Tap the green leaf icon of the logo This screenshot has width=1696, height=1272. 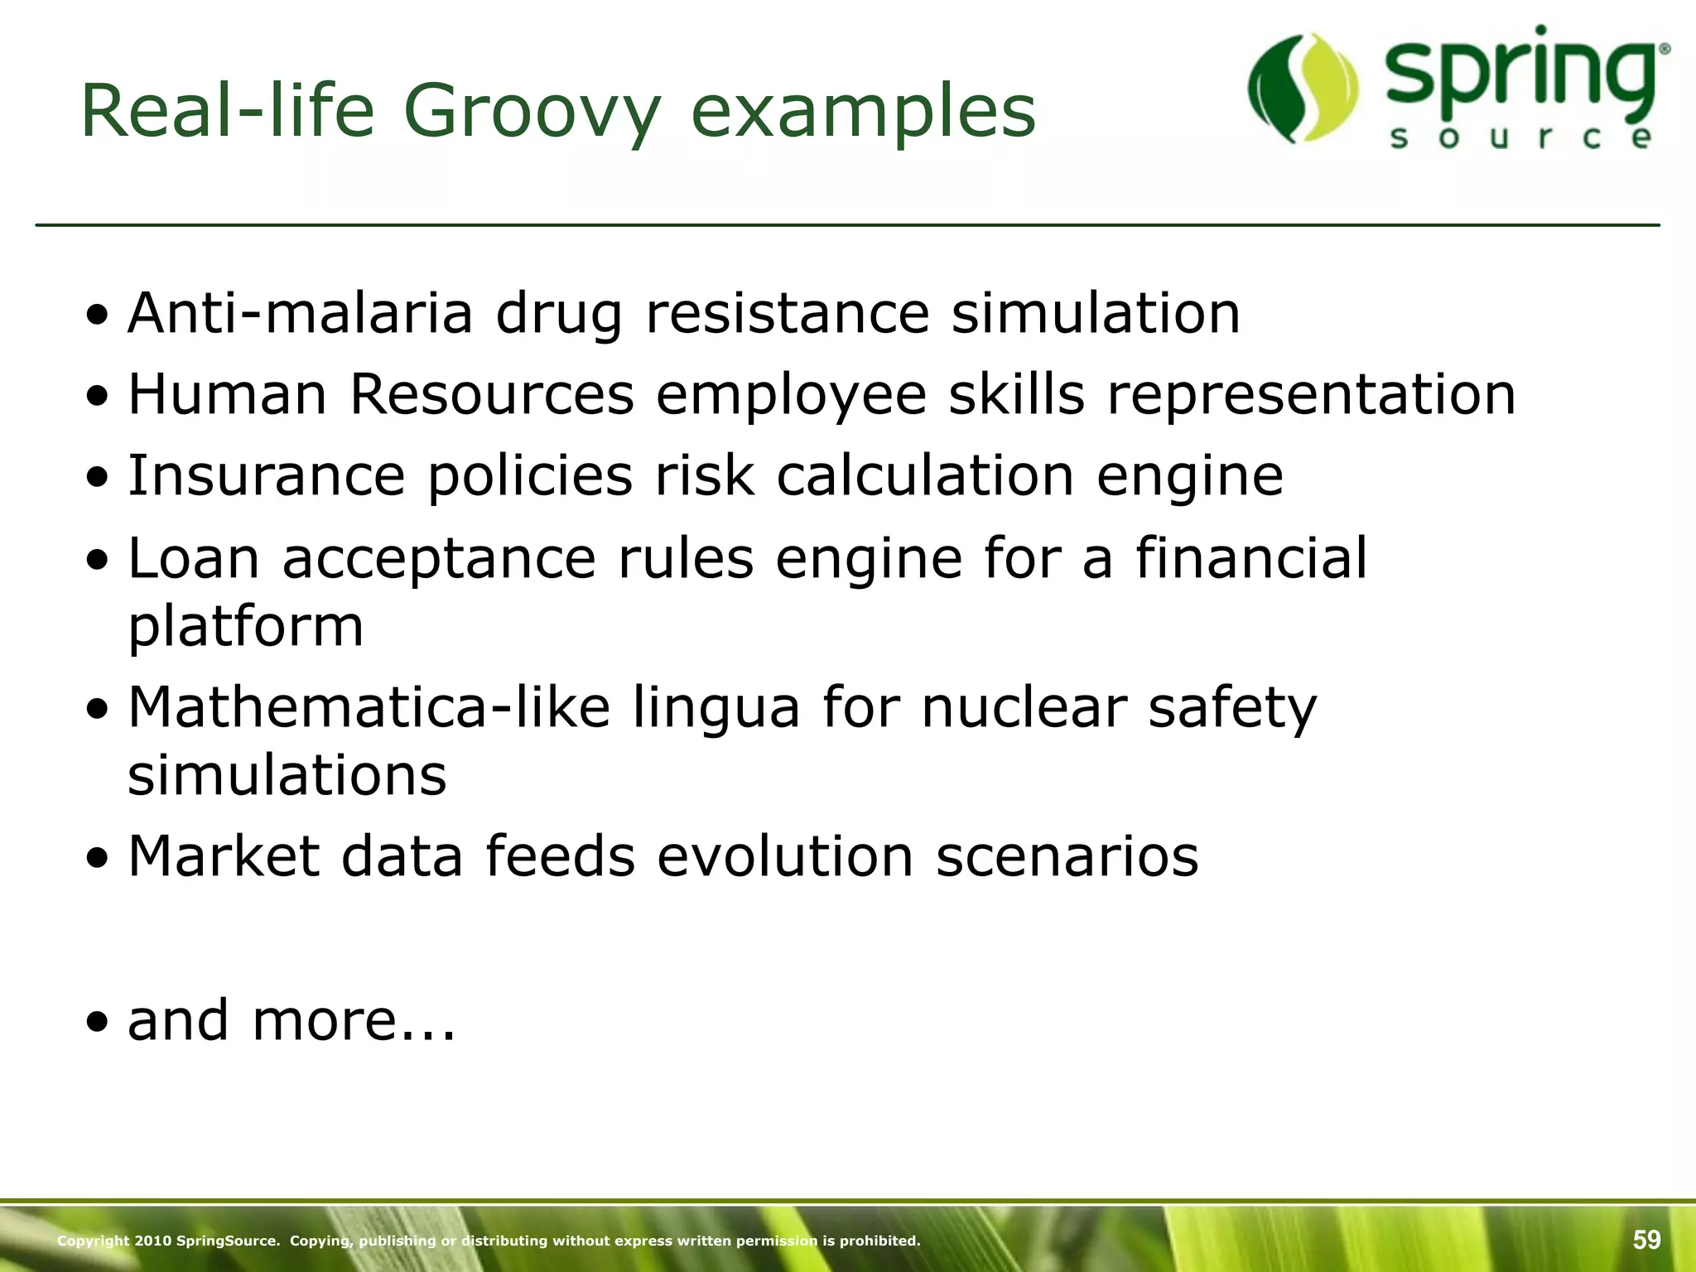1303,87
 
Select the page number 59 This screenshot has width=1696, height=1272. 1646,1240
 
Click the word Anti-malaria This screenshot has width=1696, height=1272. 300,313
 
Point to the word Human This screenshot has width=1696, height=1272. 227,393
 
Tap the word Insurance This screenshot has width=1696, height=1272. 266,475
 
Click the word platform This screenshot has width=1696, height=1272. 246,626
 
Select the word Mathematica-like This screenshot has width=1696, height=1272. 369,707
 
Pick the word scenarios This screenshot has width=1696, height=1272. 1067,855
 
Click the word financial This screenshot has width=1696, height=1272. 1250,557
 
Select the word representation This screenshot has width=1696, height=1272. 1311,393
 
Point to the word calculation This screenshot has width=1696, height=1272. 925,475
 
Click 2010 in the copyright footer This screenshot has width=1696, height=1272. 153,1241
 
